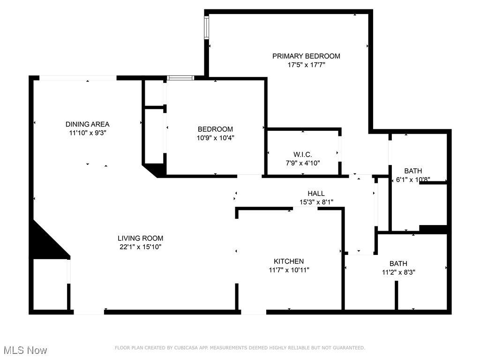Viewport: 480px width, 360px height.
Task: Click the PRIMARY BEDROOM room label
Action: click(x=306, y=56)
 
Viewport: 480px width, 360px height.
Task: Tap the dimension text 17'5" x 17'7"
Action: click(x=306, y=65)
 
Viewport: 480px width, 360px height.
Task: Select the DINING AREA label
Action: click(x=88, y=124)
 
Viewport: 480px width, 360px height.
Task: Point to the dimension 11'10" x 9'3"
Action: click(x=88, y=133)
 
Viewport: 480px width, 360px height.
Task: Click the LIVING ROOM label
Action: click(x=141, y=238)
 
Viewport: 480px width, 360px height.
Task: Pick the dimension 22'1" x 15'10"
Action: click(x=141, y=247)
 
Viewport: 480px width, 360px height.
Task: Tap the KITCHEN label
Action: click(x=289, y=262)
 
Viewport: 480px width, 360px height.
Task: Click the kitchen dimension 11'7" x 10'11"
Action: click(x=289, y=270)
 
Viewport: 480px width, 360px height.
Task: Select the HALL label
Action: click(x=316, y=194)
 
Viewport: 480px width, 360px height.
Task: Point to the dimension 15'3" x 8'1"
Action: click(x=316, y=202)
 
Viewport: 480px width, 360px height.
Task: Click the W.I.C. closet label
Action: click(x=303, y=155)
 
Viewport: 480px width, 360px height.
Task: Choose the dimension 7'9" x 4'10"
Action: click(x=303, y=163)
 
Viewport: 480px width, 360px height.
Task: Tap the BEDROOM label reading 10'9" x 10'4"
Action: click(x=215, y=129)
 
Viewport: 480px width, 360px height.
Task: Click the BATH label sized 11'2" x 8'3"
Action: click(x=398, y=263)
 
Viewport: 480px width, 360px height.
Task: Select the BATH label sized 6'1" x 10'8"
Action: click(x=413, y=171)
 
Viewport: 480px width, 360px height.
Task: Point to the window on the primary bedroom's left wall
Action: click(x=207, y=28)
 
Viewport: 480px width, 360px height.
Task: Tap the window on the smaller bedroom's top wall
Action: click(x=180, y=78)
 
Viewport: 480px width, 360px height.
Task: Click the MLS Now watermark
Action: click(x=25, y=350)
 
